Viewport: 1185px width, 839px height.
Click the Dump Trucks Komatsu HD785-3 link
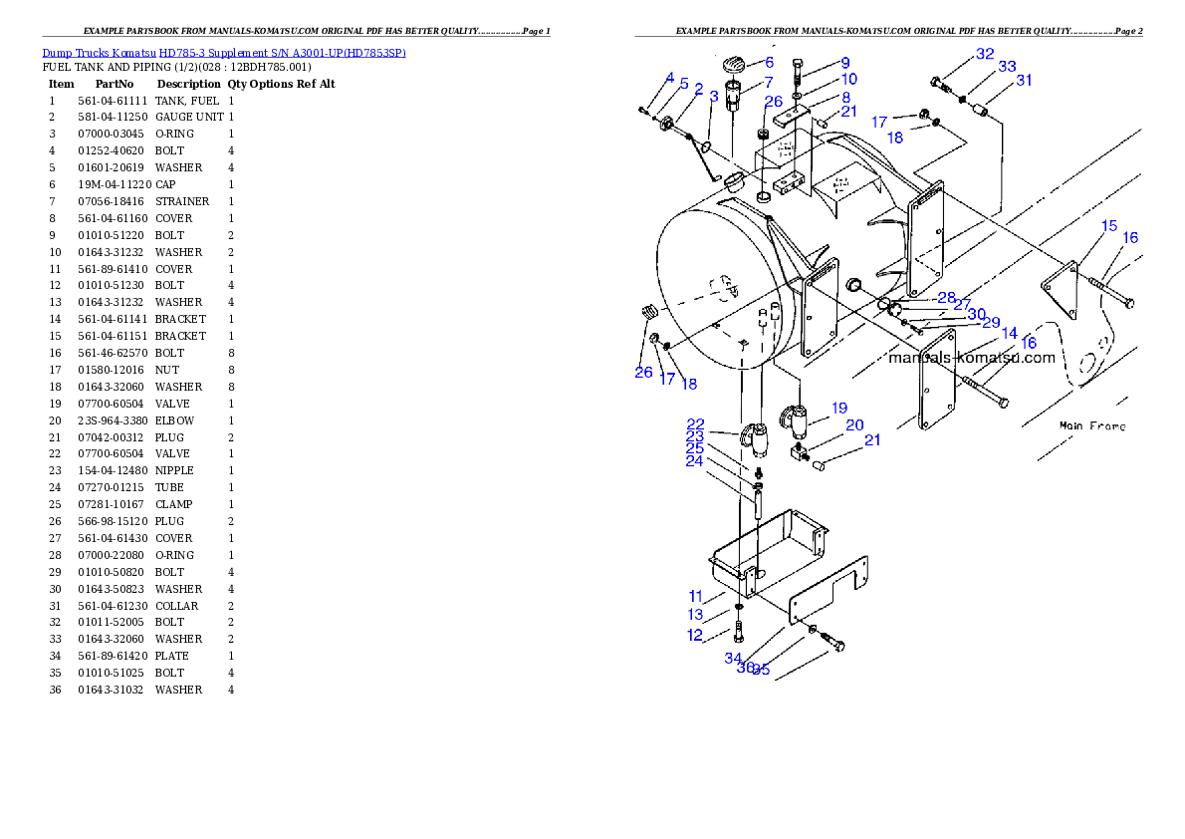coord(223,52)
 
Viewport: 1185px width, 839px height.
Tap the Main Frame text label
coord(1092,425)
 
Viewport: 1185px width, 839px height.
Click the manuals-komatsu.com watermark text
coord(971,357)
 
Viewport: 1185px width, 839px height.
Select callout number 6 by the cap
coord(769,62)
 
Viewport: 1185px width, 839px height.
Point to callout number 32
coord(985,53)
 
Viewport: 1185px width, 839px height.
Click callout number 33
coord(1007,67)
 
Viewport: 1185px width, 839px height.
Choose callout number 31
coord(1024,80)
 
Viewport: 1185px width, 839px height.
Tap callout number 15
coord(1109,226)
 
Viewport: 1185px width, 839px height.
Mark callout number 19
coord(839,408)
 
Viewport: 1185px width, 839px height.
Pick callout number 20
coord(854,424)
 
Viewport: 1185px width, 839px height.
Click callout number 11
coord(696,596)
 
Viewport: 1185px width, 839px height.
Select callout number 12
coord(695,635)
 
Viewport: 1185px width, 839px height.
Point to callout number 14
coord(1010,333)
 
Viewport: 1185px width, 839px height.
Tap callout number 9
coord(844,63)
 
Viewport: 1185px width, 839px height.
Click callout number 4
coord(670,77)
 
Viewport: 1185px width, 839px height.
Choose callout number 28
coord(946,297)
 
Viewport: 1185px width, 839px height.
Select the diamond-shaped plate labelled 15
coord(1061,288)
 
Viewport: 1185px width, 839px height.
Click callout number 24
coord(694,461)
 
